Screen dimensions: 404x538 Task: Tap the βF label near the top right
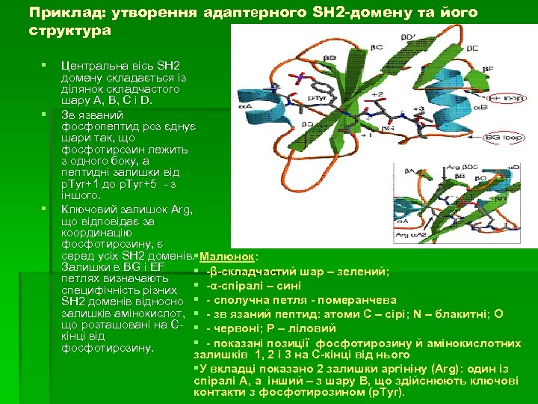click(x=488, y=68)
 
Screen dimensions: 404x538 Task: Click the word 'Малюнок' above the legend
click(x=226, y=256)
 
